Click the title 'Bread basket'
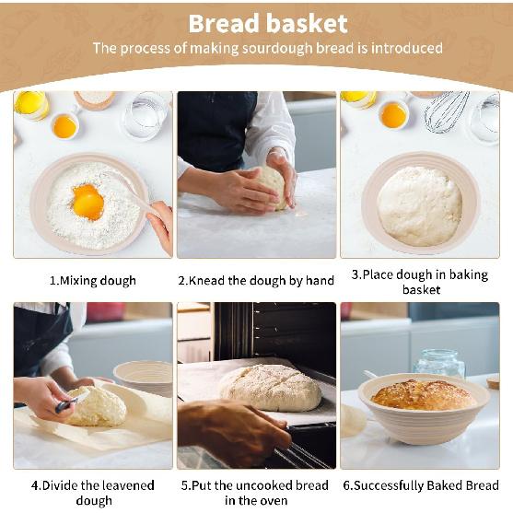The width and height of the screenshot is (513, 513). (267, 23)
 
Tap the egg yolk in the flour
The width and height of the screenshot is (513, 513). (87, 201)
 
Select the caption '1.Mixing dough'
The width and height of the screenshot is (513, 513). (92, 280)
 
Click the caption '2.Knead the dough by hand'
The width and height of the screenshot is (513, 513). (256, 280)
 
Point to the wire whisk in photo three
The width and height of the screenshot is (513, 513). (446, 111)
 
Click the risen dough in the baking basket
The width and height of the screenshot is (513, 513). (420, 204)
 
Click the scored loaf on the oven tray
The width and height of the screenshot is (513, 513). (270, 387)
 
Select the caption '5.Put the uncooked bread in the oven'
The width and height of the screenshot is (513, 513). (255, 493)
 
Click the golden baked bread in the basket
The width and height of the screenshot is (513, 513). (423, 395)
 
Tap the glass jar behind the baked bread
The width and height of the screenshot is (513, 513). (439, 364)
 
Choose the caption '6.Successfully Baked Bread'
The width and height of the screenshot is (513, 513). (420, 485)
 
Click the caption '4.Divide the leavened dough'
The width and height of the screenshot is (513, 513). (92, 493)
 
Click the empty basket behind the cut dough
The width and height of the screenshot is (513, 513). (143, 376)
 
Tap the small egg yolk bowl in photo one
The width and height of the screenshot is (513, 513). (64, 125)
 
